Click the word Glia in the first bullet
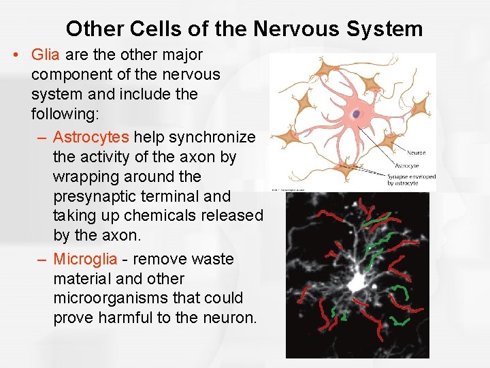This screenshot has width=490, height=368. coord(45,54)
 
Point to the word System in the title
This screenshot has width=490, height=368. coord(385,29)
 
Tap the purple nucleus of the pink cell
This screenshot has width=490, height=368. coord(356,114)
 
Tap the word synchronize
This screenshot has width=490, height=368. coord(212,137)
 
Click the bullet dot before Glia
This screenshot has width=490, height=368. coord(15,55)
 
